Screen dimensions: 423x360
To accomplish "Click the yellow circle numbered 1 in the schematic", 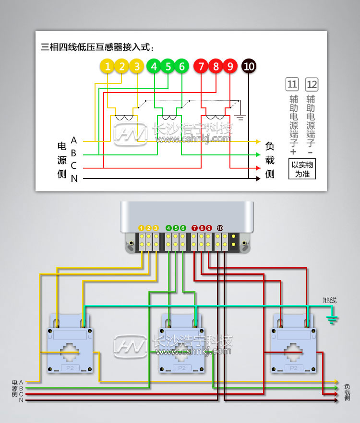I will coord(108,67).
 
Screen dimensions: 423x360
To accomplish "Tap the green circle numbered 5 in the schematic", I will coord(168,67).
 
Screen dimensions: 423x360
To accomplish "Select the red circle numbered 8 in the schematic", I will coord(216,67).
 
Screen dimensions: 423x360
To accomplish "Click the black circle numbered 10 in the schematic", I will coord(249,67).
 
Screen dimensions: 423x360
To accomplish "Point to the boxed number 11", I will coord(292,85).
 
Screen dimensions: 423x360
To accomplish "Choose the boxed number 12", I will coord(312,85).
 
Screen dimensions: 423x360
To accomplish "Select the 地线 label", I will coord(330,300).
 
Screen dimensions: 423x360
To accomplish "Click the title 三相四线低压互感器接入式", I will coord(98,47).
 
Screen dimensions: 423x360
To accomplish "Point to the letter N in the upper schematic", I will coord(74,178).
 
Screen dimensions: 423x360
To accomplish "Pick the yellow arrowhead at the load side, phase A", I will coord(258,141).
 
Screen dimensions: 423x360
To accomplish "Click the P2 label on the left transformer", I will coord(70,368).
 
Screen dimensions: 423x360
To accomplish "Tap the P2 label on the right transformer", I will coord(293,368).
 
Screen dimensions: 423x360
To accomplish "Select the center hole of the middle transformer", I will coord(181,352).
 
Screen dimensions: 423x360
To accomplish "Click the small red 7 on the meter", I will coord(194,228).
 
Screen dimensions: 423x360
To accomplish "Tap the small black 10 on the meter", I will coord(220,228).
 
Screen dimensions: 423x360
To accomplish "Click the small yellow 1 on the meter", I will coord(141,228).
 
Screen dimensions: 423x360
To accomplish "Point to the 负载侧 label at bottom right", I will coord(347,392).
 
